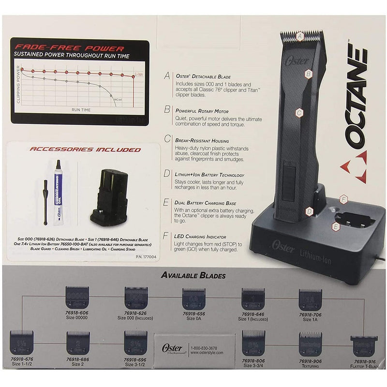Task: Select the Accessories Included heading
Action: pyautogui.click(x=86, y=149)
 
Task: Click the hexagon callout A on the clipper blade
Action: pyautogui.click(x=300, y=35)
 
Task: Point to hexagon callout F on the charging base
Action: pyautogui.click(x=344, y=199)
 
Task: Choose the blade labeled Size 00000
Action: pyautogui.click(x=77, y=297)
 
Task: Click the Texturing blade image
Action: pyautogui.click(x=310, y=342)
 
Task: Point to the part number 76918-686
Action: pyautogui.click(x=78, y=359)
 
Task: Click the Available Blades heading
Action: pyautogui.click(x=194, y=276)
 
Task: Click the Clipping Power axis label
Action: pyautogui.click(x=18, y=85)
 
